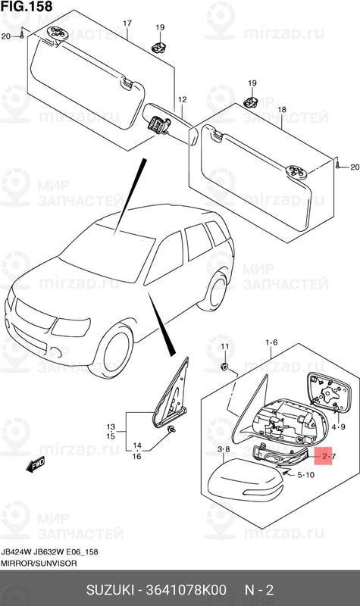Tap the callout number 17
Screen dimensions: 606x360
[x=127, y=24]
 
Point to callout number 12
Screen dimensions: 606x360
[x=182, y=100]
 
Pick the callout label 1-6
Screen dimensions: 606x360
[x=271, y=342]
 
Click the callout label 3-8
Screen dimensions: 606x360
[x=224, y=450]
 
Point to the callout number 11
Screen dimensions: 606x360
[x=224, y=346]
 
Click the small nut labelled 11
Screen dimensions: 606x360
[x=225, y=366]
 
